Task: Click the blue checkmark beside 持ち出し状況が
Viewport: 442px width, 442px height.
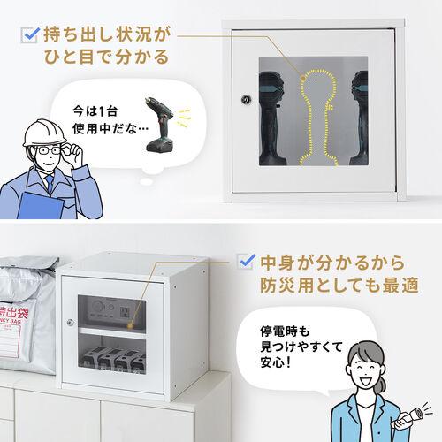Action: pos(32,34)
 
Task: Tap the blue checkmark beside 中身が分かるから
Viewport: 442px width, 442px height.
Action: pos(247,261)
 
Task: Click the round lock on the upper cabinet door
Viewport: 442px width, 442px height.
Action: pos(246,99)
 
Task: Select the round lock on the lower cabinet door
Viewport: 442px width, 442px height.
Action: pos(70,322)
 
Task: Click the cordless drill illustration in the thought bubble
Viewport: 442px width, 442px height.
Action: pos(161,125)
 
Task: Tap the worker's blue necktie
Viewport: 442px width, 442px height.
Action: pos(50,182)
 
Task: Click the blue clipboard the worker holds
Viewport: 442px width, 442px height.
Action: pos(40,206)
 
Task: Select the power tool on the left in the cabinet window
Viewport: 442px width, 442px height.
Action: pos(271,118)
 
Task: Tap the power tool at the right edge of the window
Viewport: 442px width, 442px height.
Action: pos(360,118)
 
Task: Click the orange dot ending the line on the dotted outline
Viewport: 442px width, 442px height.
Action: pos(303,78)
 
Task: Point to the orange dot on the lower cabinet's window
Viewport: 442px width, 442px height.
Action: pos(130,326)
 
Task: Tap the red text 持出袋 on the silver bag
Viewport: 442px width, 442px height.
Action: pos(14,313)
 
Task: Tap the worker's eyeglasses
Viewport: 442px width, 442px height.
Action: pos(49,150)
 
